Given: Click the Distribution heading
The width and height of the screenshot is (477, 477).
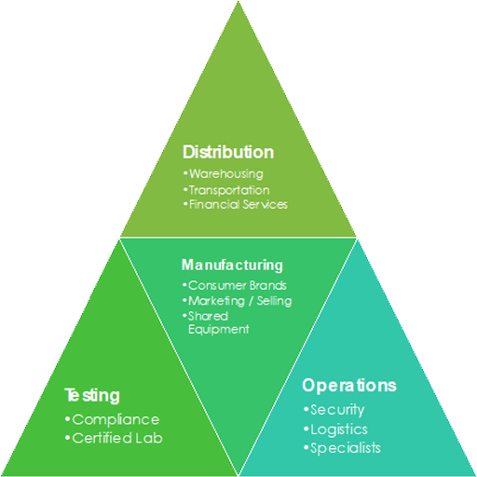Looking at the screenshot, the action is (228, 152).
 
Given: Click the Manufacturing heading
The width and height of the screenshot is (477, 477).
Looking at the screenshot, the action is (232, 266).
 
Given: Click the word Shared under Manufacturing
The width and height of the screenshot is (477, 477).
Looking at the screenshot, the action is (208, 316).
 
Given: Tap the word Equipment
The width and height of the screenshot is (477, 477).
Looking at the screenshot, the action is (219, 329).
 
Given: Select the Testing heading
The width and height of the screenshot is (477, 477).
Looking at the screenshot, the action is (92, 395).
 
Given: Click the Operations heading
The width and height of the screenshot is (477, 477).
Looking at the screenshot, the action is (349, 386).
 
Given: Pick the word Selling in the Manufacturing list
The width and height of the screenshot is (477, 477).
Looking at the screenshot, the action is (275, 301).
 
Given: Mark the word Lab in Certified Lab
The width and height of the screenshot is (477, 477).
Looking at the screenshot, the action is (149, 438).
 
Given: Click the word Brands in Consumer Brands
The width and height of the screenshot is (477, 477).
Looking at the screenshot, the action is (268, 285).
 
